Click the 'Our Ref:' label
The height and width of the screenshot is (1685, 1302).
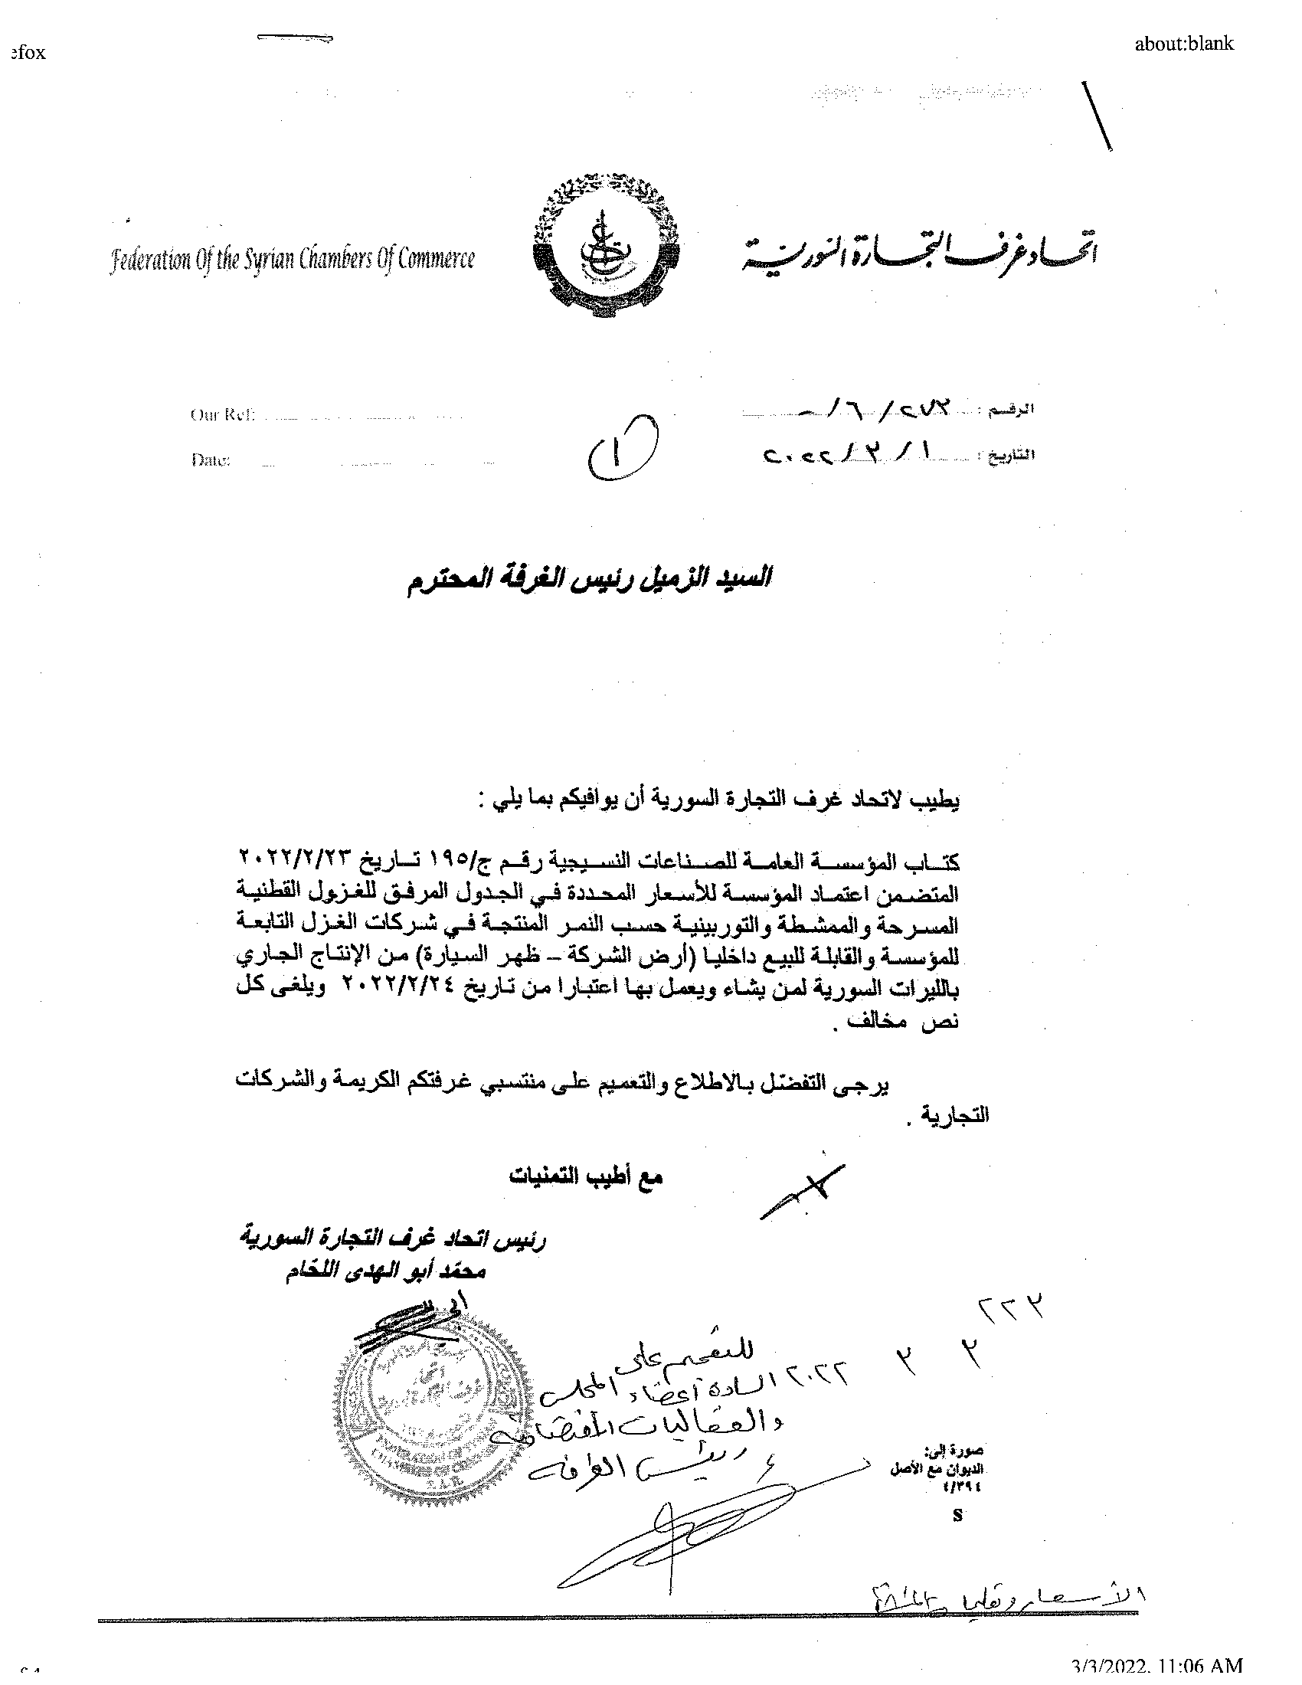coord(222,415)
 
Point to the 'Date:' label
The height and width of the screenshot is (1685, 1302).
coord(210,460)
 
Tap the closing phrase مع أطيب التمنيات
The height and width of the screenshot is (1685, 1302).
coord(584,1177)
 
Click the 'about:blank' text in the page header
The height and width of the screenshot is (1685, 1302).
coord(1184,44)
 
